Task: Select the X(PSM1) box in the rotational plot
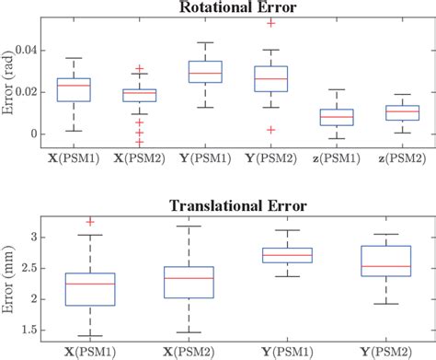coord(74,89)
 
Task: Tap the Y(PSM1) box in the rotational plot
coord(205,72)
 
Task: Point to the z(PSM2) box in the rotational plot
coord(403,113)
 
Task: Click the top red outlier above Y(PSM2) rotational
coord(270,21)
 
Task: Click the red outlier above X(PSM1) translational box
coord(90,222)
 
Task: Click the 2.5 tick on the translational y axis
coord(37,268)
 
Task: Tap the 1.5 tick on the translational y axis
coord(37,330)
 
